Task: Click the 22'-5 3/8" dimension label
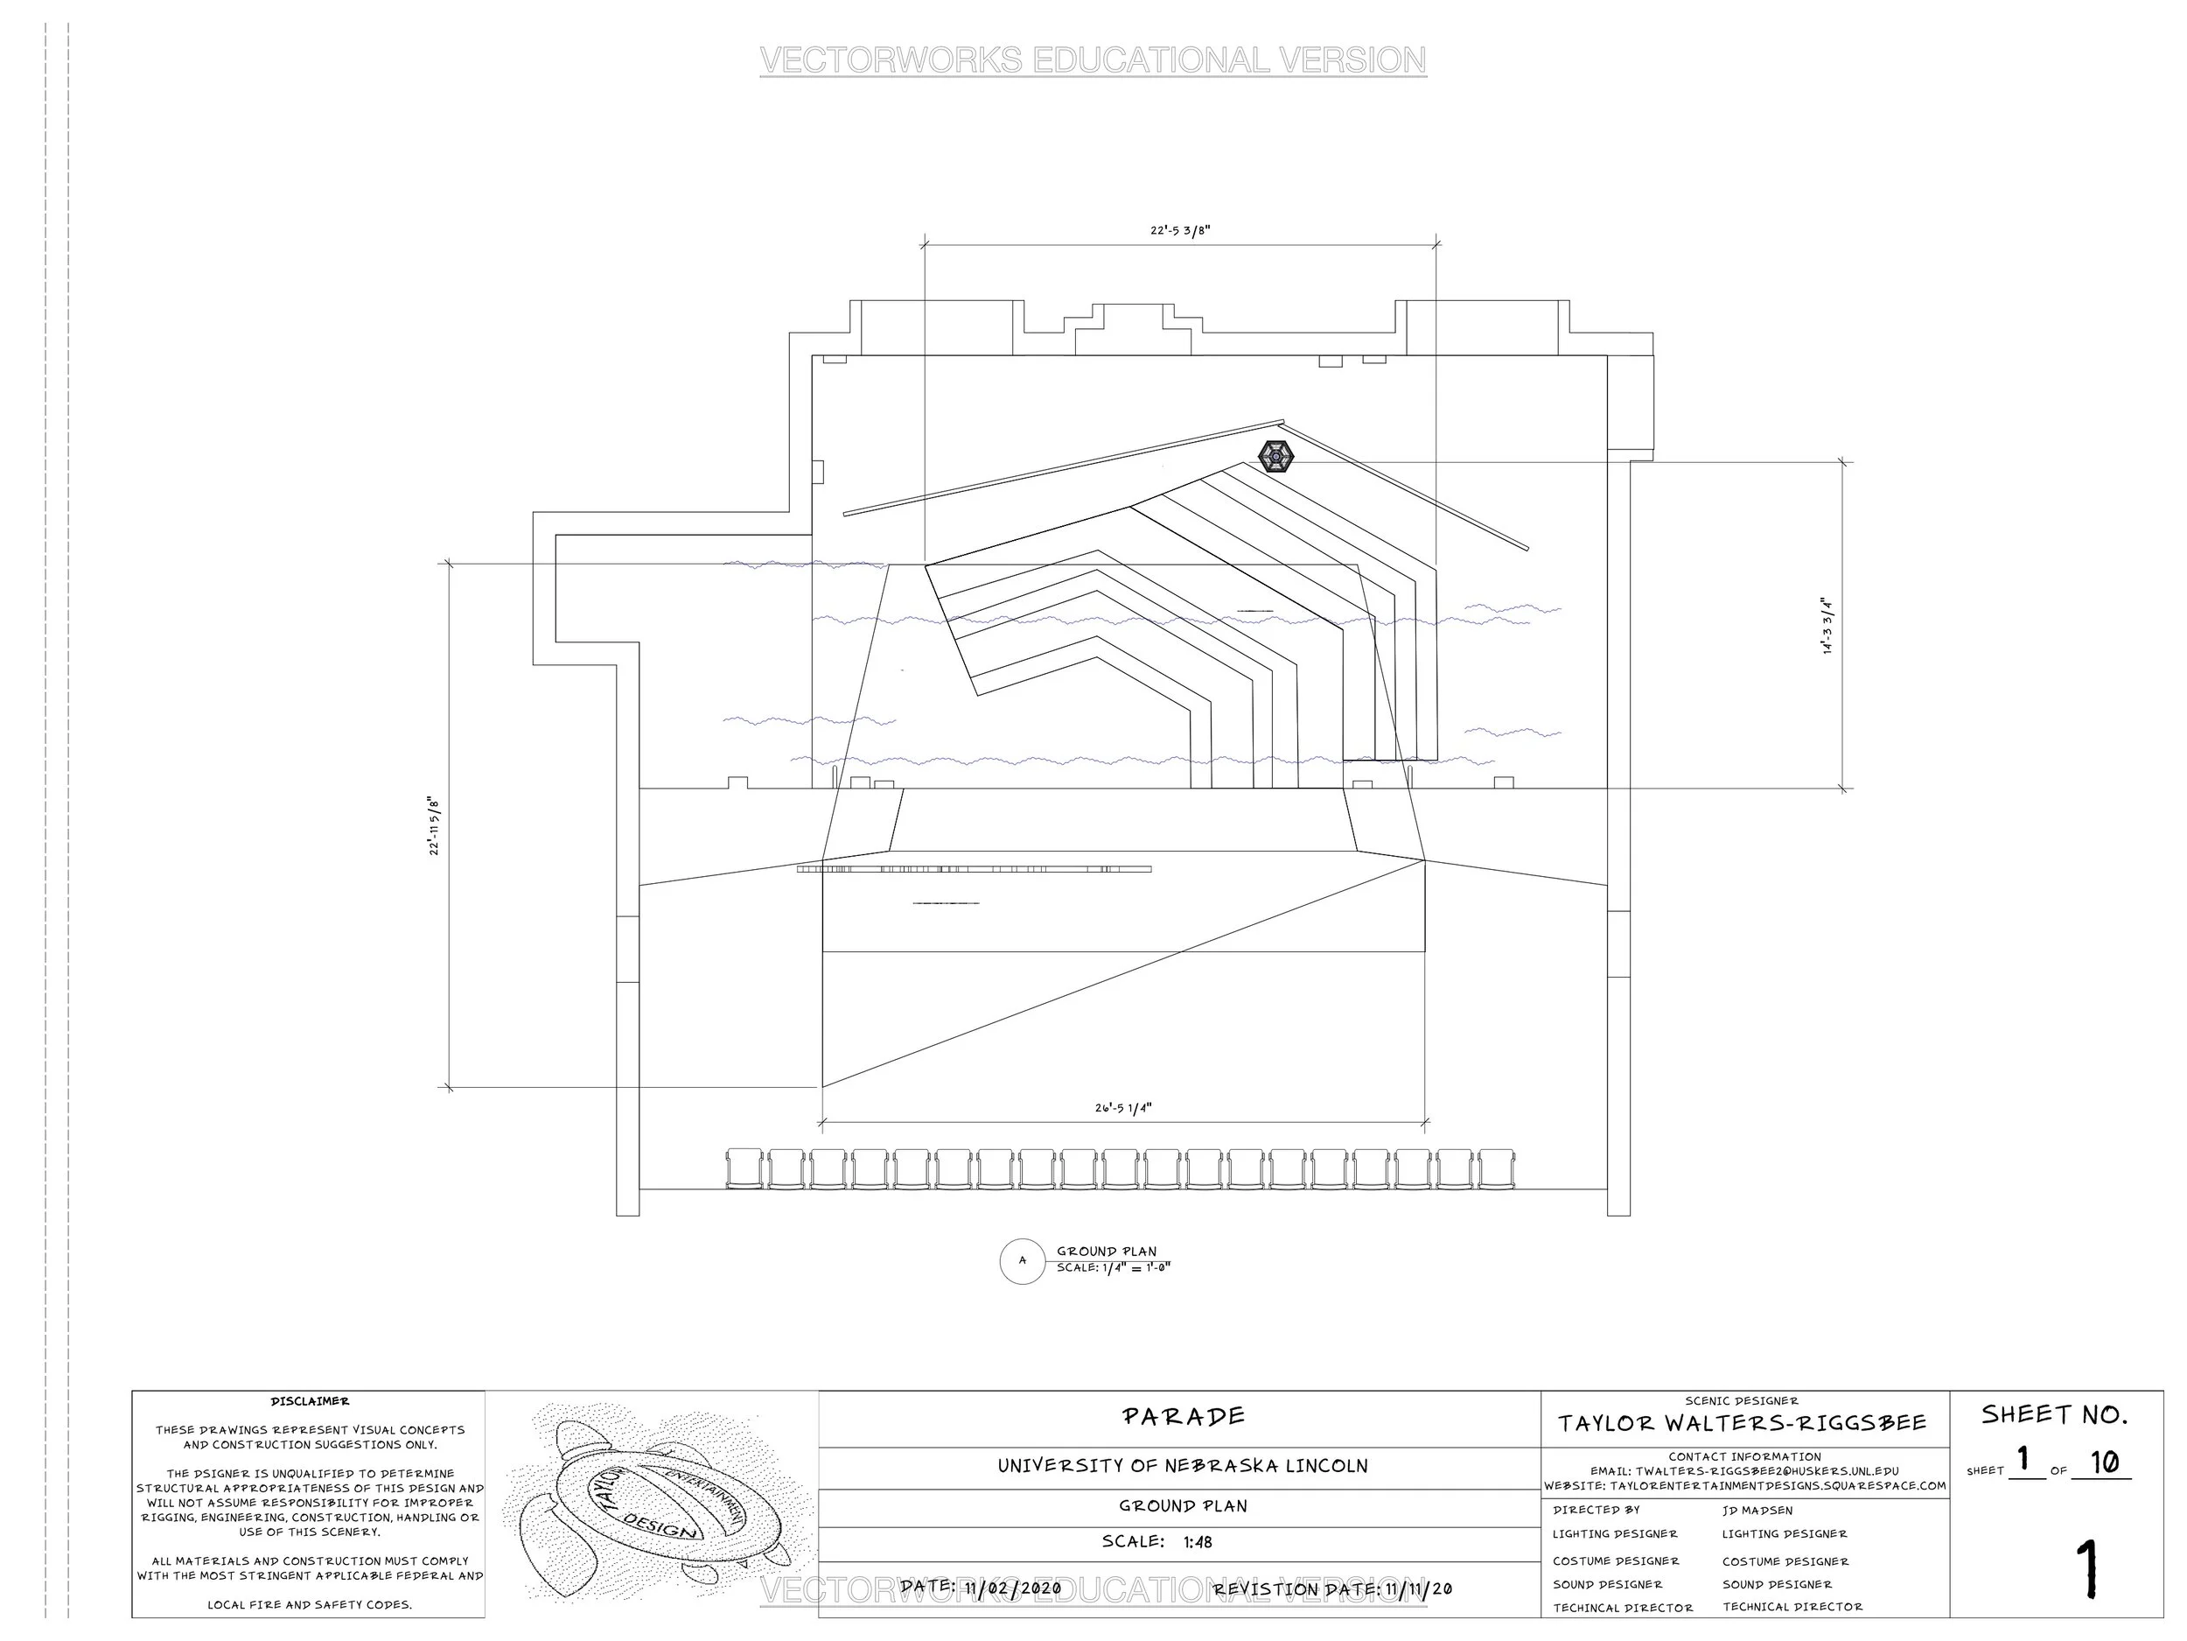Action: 1179,230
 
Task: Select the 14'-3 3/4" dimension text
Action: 1828,625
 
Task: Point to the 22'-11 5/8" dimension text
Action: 434,826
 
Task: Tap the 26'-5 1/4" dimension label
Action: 1123,1108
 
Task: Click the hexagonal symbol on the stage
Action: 1275,456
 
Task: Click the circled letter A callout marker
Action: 1023,1261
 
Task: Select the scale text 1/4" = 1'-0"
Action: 1114,1268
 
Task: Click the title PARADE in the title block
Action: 1184,1416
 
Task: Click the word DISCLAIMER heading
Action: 310,1401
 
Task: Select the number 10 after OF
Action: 2104,1462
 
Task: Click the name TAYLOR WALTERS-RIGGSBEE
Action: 1742,1423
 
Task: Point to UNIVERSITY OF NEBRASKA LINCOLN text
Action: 1183,1466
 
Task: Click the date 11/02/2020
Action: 1012,1588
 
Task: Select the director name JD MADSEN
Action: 1757,1511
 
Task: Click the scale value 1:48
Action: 1198,1542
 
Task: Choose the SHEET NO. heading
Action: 2053,1415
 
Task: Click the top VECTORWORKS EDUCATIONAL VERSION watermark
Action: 1093,60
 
